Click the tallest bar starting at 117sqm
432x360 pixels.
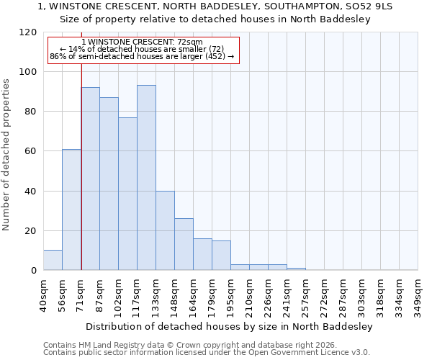(x=146, y=178)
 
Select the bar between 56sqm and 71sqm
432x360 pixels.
(x=71, y=210)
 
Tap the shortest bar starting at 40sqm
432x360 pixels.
(x=53, y=260)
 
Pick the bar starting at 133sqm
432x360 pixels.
(x=165, y=230)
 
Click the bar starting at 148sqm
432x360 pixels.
(x=184, y=244)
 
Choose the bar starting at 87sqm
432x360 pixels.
(x=109, y=184)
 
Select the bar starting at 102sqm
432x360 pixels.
(x=127, y=194)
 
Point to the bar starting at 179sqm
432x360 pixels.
(x=221, y=256)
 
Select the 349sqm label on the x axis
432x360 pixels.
(x=418, y=294)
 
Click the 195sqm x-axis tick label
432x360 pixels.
(x=230, y=294)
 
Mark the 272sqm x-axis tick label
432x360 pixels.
(x=324, y=294)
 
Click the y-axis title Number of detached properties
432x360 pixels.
(x=6, y=155)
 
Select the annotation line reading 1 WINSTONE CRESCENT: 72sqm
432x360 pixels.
(x=143, y=42)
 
